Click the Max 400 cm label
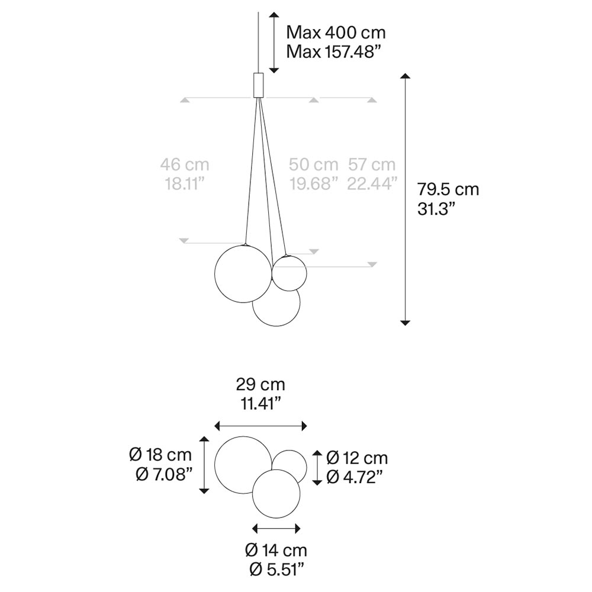pyautogui.click(x=336, y=33)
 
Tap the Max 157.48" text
pyautogui.click(x=332, y=52)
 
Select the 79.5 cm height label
pyautogui.click(x=448, y=189)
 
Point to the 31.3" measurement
pyautogui.click(x=438, y=208)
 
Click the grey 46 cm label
pyautogui.click(x=185, y=165)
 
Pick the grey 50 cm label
pyautogui.click(x=313, y=165)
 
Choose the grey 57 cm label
pyautogui.click(x=372, y=165)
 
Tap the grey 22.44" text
pyautogui.click(x=372, y=184)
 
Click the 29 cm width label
pyautogui.click(x=260, y=385)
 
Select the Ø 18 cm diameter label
pyautogui.click(x=160, y=455)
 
